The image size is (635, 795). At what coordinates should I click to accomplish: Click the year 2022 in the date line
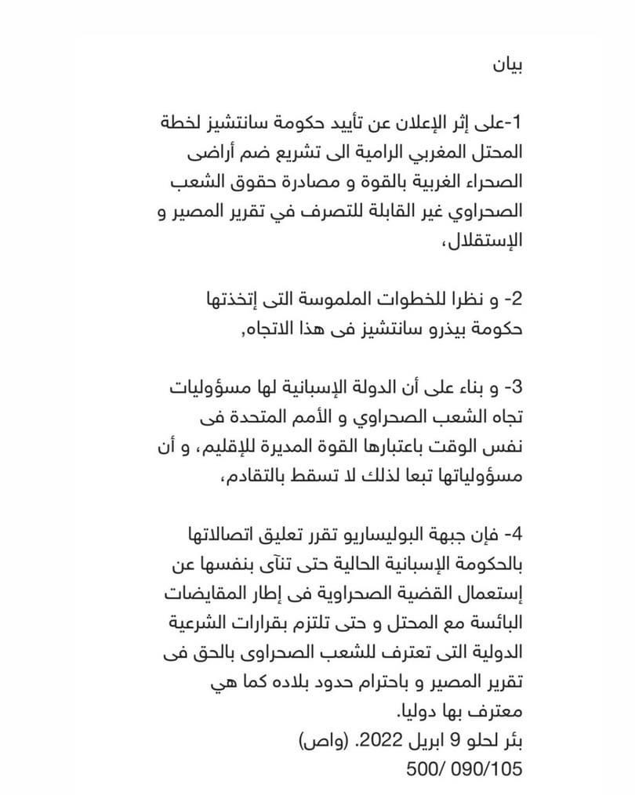click(x=380, y=741)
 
